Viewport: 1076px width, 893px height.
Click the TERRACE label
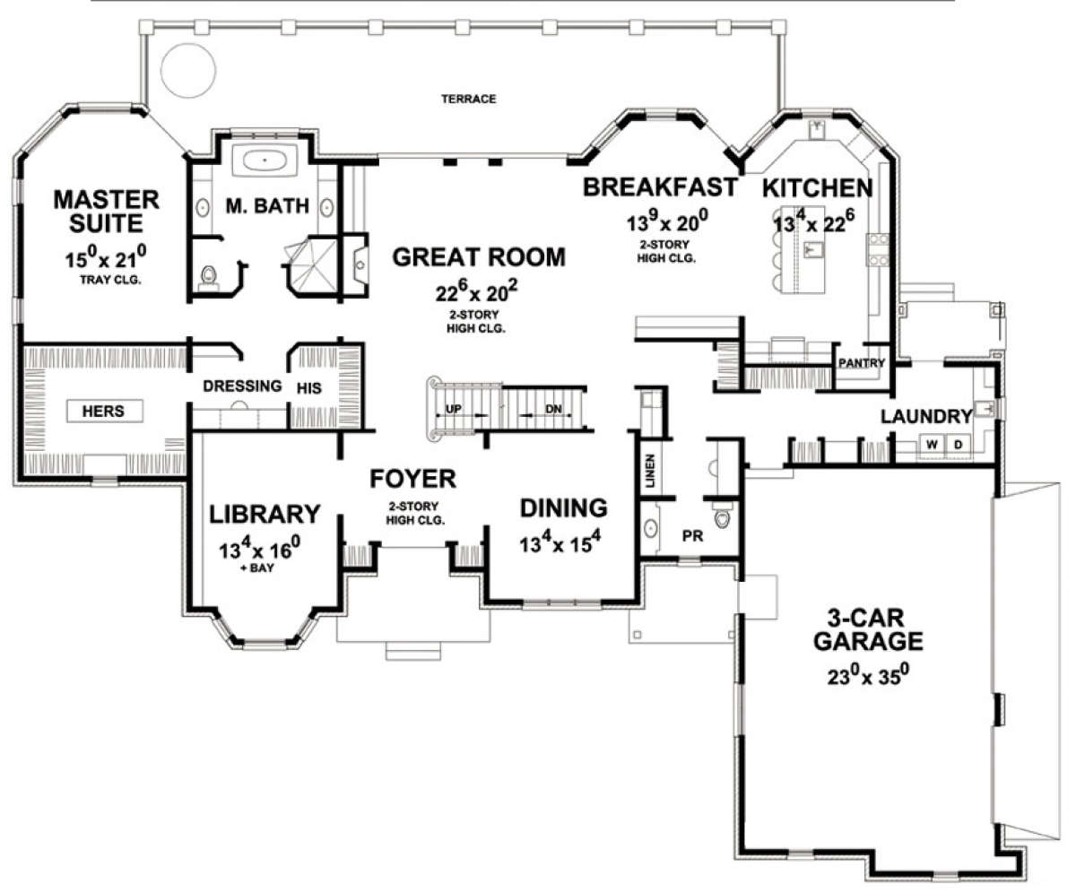(x=468, y=99)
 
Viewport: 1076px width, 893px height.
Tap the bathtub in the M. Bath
(x=265, y=160)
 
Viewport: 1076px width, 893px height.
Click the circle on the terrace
(x=188, y=70)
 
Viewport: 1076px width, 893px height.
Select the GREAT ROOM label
(x=479, y=257)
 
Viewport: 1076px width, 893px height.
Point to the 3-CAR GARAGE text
(x=868, y=629)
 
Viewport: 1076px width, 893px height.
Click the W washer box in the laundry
(x=932, y=444)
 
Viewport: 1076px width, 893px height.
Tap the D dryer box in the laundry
(x=958, y=444)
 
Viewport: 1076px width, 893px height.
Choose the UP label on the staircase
(x=454, y=409)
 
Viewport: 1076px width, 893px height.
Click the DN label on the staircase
(x=553, y=409)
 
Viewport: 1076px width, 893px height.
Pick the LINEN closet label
(x=650, y=471)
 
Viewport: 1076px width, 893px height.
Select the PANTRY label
(x=862, y=363)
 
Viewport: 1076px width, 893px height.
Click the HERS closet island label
(x=104, y=412)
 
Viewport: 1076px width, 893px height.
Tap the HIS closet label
(x=308, y=388)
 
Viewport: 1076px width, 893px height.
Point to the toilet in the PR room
(x=723, y=517)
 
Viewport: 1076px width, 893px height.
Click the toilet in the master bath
(x=208, y=277)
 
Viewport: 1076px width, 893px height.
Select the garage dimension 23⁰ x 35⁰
(x=868, y=675)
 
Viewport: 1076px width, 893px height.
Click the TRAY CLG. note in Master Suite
(x=110, y=281)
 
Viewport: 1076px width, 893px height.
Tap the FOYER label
(x=412, y=479)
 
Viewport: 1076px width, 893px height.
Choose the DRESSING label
(x=242, y=386)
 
